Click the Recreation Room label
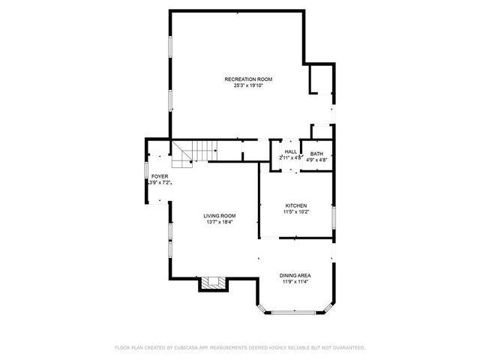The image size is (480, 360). click(247, 79)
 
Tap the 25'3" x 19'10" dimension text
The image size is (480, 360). click(247, 85)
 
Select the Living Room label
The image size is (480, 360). click(220, 216)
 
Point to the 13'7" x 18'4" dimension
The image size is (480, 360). click(220, 222)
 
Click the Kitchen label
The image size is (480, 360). click(296, 205)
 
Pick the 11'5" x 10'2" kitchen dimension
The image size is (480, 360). click(296, 211)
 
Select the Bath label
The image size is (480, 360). click(317, 154)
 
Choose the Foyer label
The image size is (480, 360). click(159, 175)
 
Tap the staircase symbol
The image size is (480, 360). click(183, 154)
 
